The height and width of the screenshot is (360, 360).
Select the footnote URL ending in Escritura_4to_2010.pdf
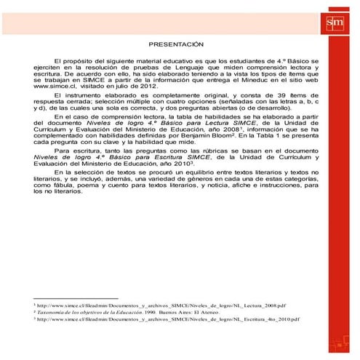click(167, 319)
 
